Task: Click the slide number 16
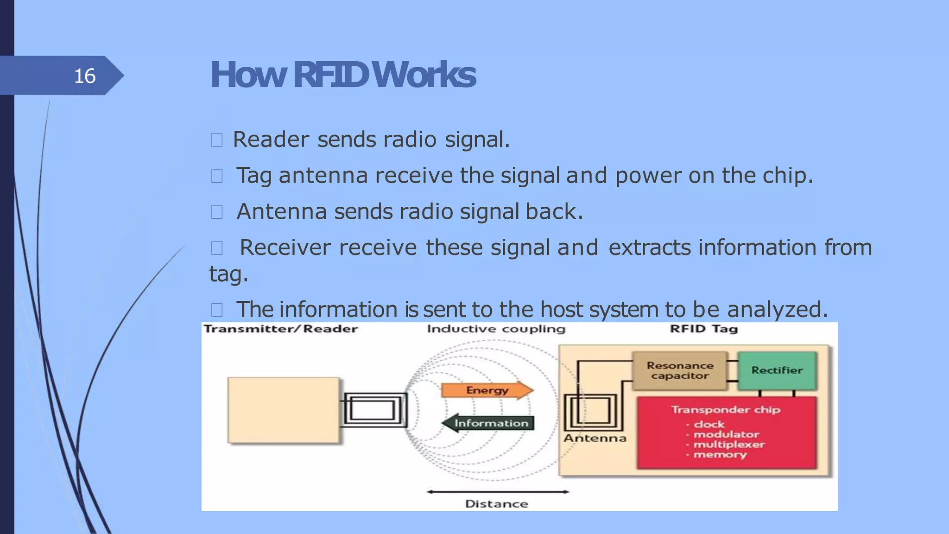click(x=85, y=76)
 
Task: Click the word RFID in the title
click(x=331, y=75)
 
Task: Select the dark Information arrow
click(x=489, y=423)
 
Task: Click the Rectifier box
click(x=777, y=370)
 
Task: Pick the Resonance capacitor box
click(x=680, y=371)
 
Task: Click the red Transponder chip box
click(x=726, y=432)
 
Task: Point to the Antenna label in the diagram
click(x=595, y=438)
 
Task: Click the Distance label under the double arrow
click(x=496, y=504)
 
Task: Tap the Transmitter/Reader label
click(x=281, y=329)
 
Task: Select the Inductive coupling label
click(x=496, y=329)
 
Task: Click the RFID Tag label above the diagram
click(x=703, y=329)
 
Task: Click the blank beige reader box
click(x=284, y=410)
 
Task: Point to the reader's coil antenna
click(x=374, y=410)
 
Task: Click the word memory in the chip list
click(x=720, y=455)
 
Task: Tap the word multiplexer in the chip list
click(x=729, y=445)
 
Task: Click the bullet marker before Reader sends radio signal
click(x=217, y=140)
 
